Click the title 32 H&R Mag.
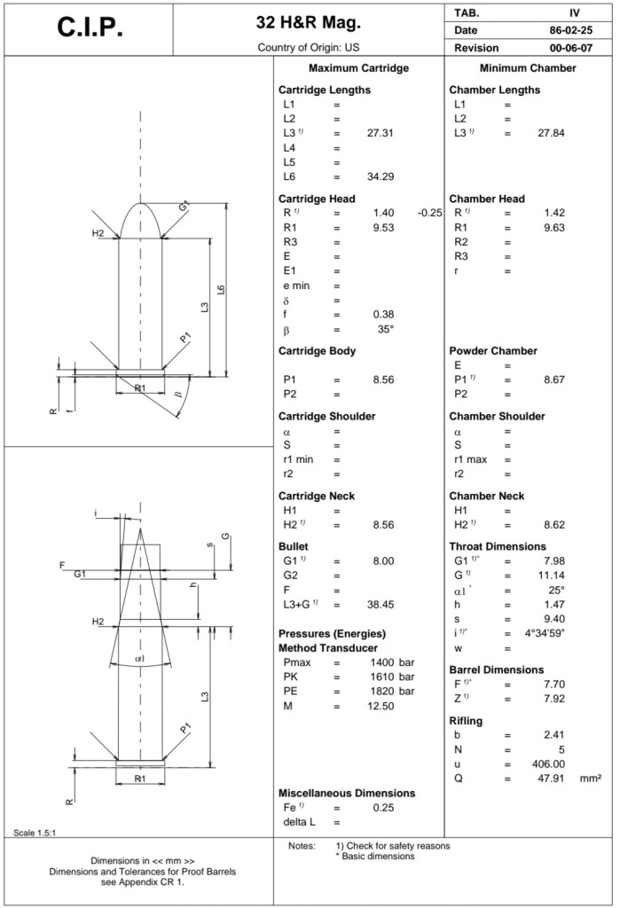click(309, 21)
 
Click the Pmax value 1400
click(381, 662)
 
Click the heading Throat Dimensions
click(498, 546)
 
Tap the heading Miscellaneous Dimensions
click(347, 792)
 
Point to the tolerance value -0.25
click(429, 213)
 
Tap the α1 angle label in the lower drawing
click(139, 658)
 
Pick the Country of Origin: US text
click(309, 46)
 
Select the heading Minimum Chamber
click(528, 68)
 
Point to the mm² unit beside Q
click(591, 778)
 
